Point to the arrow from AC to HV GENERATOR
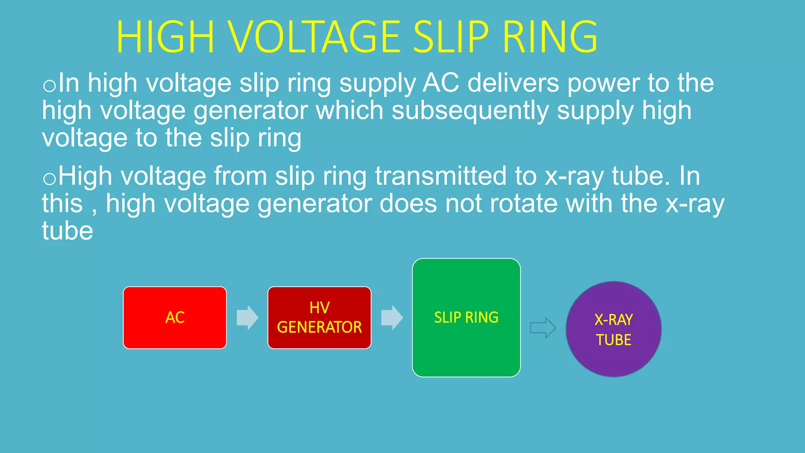[247, 317]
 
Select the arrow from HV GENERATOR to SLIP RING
[392, 317]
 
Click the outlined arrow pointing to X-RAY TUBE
[543, 328]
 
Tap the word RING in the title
[550, 37]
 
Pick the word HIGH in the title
[165, 37]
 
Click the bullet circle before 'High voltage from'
[49, 179]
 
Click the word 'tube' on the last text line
[67, 231]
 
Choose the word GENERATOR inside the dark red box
[319, 327]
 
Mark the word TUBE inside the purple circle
[613, 340]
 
